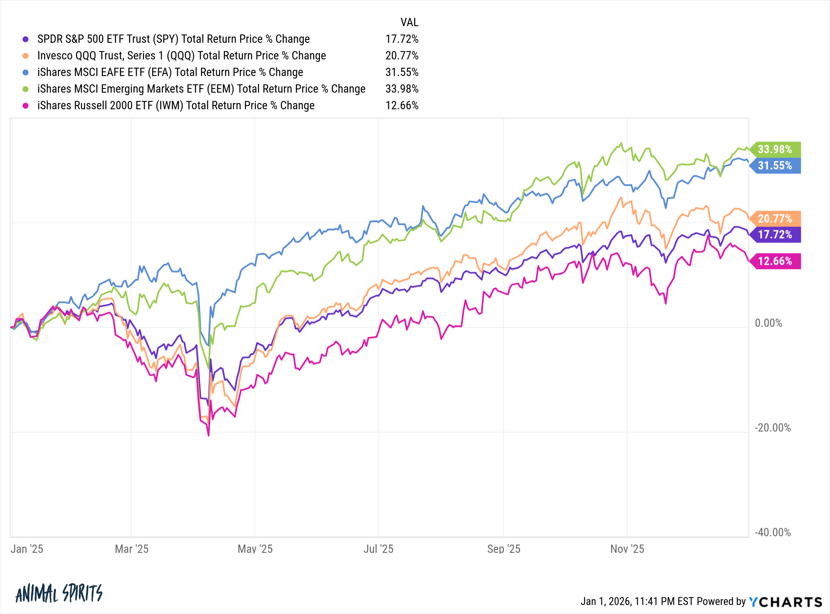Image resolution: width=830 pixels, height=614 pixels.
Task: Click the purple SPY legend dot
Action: [x=26, y=39]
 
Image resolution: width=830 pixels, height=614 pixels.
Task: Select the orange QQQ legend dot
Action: [x=26, y=56]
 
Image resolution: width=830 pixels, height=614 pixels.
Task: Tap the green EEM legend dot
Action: [x=26, y=89]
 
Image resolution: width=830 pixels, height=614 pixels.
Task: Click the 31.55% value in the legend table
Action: [x=402, y=72]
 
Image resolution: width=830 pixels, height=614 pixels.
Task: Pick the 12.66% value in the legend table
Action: [x=402, y=106]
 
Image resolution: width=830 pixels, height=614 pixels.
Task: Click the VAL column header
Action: [x=409, y=22]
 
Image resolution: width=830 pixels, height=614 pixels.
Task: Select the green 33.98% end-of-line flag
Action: [x=775, y=149]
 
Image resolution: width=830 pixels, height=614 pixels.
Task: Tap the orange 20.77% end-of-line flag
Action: [x=775, y=219]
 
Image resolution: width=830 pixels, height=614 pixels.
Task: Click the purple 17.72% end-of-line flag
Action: [x=775, y=235]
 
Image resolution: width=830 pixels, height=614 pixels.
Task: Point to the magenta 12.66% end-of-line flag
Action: [x=775, y=261]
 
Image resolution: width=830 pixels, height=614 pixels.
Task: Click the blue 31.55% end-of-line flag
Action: [x=775, y=165]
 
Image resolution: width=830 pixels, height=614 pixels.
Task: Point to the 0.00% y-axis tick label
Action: [x=768, y=323]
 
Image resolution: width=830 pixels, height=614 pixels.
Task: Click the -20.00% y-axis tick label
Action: [x=772, y=428]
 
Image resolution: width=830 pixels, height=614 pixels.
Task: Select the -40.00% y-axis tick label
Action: [x=772, y=533]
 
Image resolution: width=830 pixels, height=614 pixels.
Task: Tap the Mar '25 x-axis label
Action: [x=132, y=549]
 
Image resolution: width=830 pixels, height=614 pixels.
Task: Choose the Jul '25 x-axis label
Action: [x=378, y=549]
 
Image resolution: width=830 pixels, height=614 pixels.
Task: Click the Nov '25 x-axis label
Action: [x=627, y=549]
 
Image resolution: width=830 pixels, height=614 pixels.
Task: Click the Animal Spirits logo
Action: [x=59, y=593]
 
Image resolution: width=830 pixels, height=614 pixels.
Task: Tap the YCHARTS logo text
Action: [x=786, y=602]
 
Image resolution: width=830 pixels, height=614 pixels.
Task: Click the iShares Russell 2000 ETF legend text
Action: [x=176, y=106]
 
